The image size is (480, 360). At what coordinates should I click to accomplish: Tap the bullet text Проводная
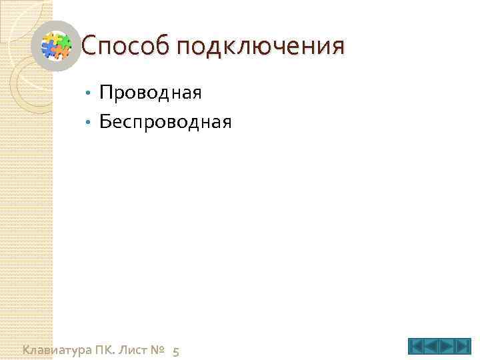(x=150, y=91)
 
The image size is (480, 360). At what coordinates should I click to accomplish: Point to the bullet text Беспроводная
(x=165, y=121)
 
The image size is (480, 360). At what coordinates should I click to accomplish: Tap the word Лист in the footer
(x=139, y=349)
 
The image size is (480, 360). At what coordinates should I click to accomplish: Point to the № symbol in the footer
(x=159, y=349)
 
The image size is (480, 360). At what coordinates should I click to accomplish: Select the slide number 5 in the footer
(x=175, y=351)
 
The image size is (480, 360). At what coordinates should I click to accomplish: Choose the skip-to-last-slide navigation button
(x=463, y=347)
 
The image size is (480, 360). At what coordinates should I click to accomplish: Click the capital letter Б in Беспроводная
(x=105, y=121)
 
